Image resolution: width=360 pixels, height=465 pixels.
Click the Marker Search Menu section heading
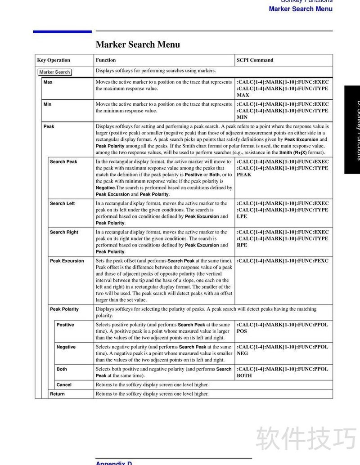138,45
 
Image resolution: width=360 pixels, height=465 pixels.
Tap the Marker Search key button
54,72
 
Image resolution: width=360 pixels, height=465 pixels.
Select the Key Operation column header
54,60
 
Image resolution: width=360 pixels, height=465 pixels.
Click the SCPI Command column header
255,60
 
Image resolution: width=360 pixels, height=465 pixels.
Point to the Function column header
106,60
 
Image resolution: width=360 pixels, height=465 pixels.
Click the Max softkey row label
48,82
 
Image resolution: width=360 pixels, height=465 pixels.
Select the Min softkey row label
47,104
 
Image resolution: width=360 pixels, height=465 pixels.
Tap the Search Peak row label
63,162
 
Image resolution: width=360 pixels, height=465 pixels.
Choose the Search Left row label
62,204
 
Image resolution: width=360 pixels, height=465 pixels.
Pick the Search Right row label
64,232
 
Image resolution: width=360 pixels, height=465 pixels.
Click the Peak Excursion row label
67,261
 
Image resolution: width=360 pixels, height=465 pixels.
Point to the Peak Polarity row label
64,309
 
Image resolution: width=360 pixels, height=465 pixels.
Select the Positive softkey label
65,325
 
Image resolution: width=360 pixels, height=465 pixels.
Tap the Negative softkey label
66,347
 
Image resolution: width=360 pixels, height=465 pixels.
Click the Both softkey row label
62,369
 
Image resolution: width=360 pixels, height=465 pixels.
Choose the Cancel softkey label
64,385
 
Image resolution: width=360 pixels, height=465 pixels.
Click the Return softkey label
57,394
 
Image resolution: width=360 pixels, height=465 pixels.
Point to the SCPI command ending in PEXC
283,261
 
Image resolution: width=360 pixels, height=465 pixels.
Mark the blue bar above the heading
62,31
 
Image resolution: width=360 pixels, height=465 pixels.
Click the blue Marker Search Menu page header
301,9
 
